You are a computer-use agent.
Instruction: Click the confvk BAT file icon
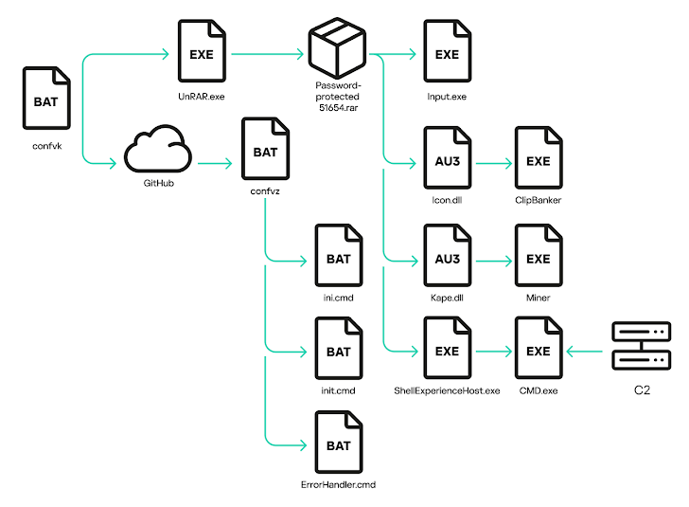pos(46,99)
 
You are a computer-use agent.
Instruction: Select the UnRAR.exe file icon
pos(202,50)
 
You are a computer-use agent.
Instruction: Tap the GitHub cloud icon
pos(158,149)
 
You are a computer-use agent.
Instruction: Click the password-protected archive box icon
pos(337,48)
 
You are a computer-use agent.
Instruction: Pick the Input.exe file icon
pos(448,50)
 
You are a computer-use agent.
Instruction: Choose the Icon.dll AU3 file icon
pos(448,157)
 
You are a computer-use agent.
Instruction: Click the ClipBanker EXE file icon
pos(539,157)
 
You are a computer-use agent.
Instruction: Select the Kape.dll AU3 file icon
pos(448,255)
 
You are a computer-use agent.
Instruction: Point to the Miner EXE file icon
pos(539,255)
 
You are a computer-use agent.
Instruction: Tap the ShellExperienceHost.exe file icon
pos(448,348)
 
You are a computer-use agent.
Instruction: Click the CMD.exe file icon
pos(539,348)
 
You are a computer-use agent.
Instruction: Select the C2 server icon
pos(642,346)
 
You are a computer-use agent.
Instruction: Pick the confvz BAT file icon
pos(265,149)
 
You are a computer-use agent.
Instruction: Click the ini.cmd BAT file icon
pos(339,255)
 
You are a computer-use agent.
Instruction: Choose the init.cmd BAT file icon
pos(339,348)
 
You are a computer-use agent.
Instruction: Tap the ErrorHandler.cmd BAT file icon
pos(339,443)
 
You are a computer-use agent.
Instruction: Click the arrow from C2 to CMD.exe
pos(585,352)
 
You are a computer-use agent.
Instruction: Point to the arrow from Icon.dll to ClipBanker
pos(494,164)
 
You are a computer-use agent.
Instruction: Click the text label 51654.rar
pos(339,108)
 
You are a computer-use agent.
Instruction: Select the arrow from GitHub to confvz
pos(215,164)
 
